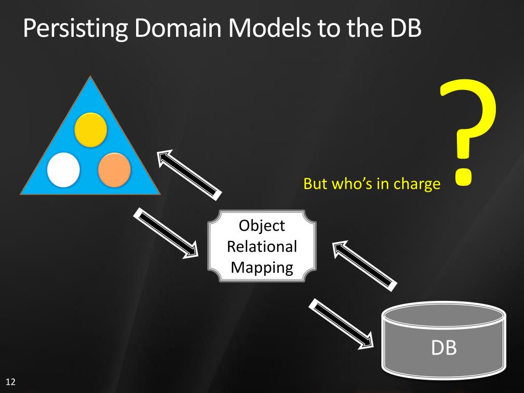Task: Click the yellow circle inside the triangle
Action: tap(91, 129)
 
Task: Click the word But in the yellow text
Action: tap(315, 184)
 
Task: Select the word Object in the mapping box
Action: tap(262, 226)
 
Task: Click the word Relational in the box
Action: tap(262, 247)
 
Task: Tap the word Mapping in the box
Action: tap(262, 267)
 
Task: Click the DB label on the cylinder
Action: tap(444, 348)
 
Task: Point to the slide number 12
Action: tap(10, 382)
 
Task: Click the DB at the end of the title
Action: tap(402, 29)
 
